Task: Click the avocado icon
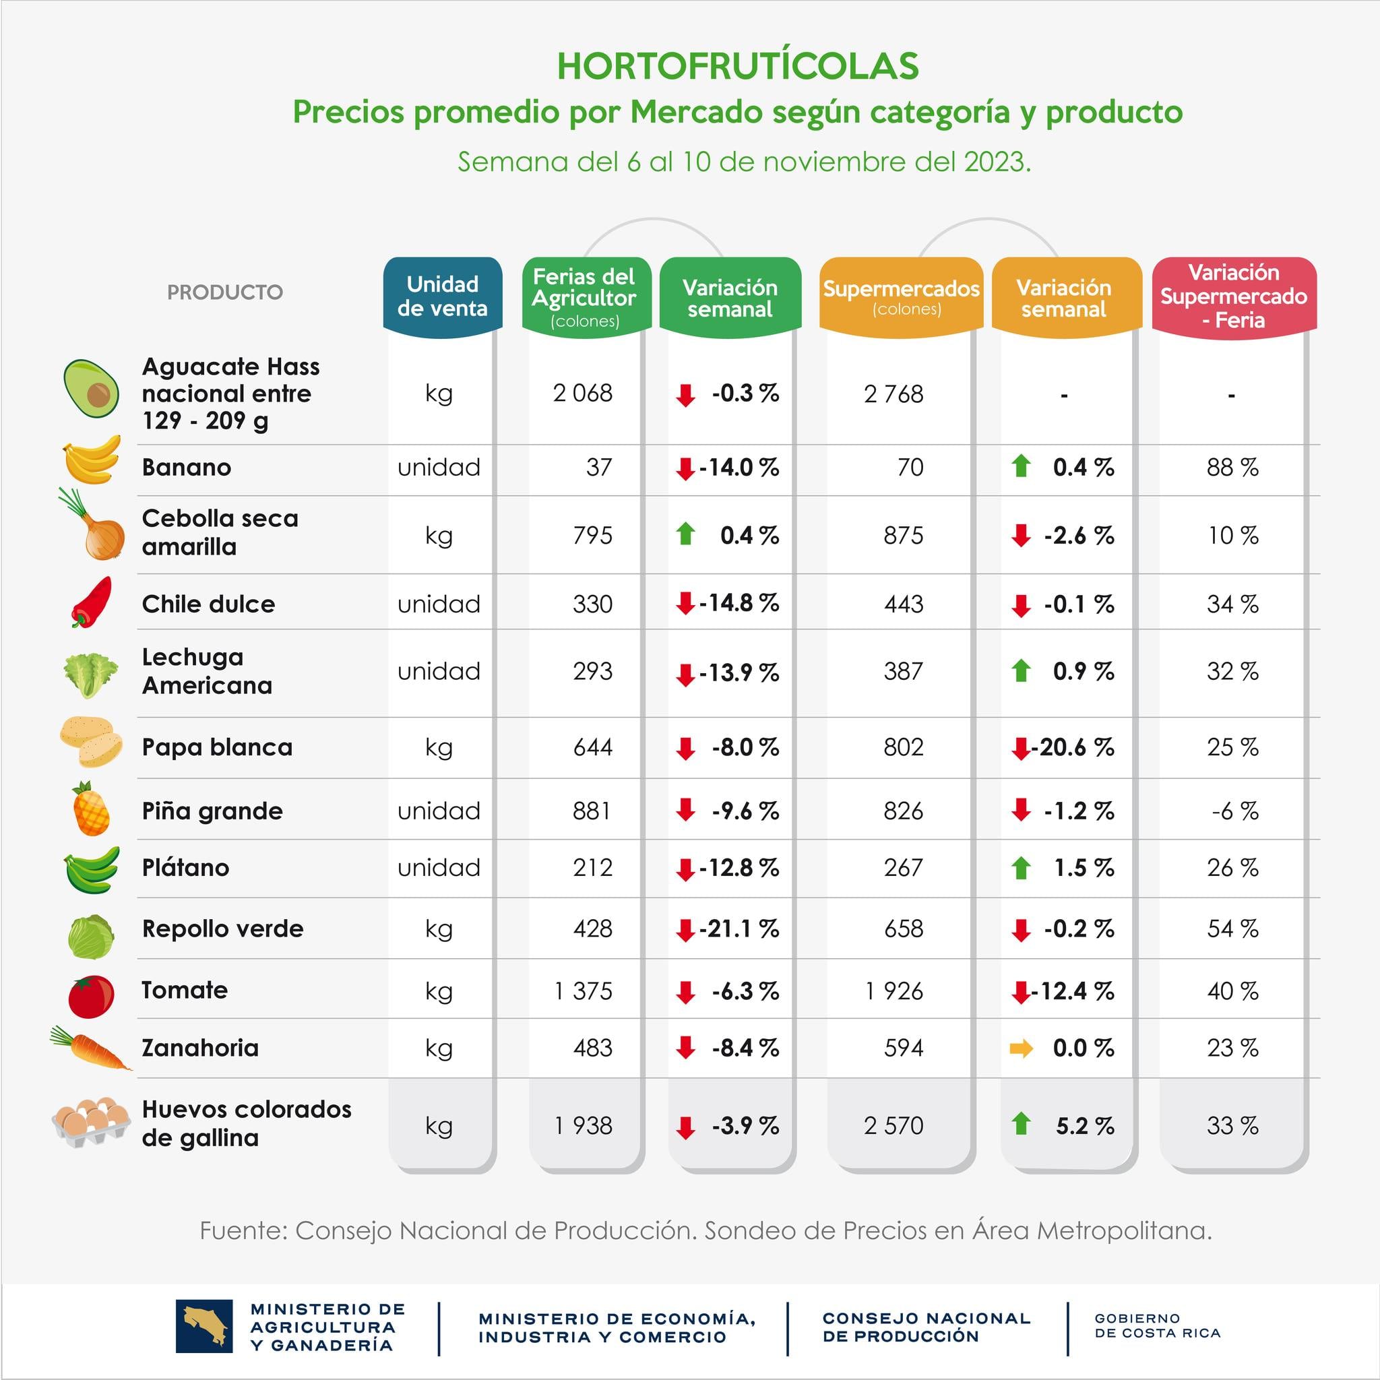click(x=91, y=389)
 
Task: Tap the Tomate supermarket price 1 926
click(x=893, y=991)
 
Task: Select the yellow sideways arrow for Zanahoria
click(x=1021, y=1048)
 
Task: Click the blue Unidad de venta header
click(x=442, y=296)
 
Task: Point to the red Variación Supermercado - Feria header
click(x=1234, y=296)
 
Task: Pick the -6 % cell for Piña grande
click(x=1234, y=811)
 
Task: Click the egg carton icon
click(x=91, y=1122)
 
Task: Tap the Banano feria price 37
click(x=598, y=468)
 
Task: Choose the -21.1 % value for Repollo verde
click(x=739, y=929)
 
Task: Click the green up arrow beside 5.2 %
click(x=1021, y=1123)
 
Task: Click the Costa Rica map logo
click(x=203, y=1326)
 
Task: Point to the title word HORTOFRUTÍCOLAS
click(x=737, y=67)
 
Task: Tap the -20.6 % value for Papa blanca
click(x=1072, y=748)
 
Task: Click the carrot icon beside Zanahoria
click(x=91, y=1048)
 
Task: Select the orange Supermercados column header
click(x=901, y=296)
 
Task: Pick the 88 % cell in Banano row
click(x=1232, y=468)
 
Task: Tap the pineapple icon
click(x=91, y=809)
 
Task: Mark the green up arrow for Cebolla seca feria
click(x=686, y=534)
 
